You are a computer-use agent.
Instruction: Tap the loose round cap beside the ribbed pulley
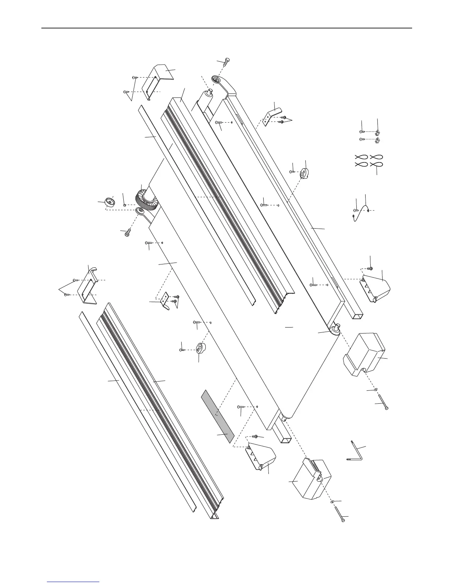109,203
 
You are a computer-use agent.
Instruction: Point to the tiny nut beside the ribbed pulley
125,205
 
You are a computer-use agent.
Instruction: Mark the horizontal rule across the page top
226,28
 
